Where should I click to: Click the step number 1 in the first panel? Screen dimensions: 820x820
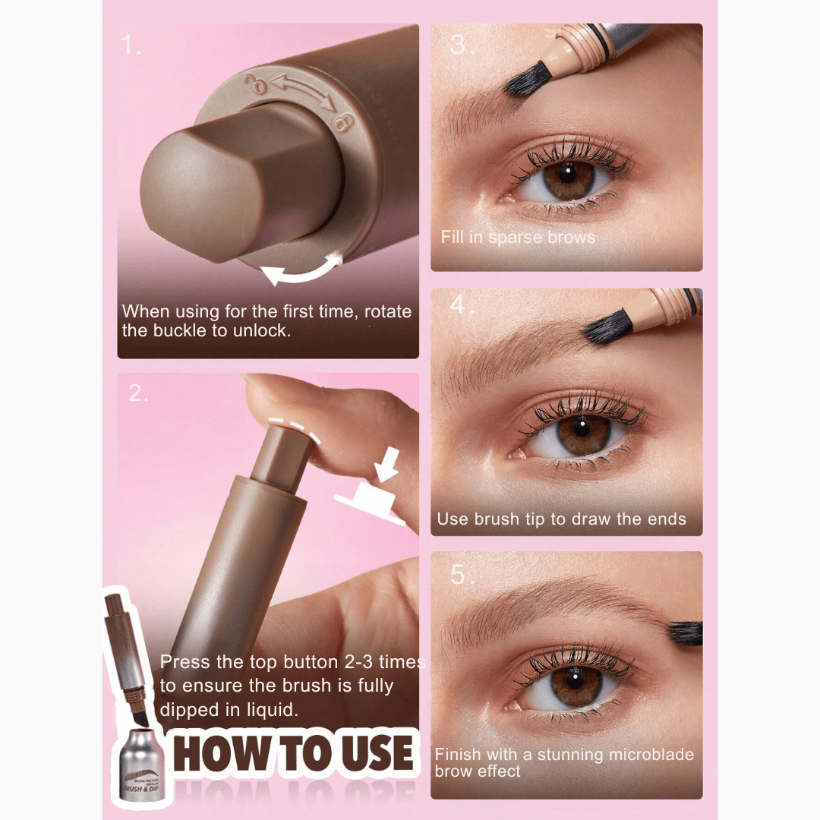(131, 46)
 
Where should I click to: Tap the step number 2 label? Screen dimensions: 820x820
(137, 393)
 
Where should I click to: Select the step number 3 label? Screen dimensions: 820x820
(458, 45)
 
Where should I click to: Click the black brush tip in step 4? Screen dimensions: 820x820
(607, 329)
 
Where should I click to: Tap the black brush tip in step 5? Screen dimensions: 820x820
(686, 632)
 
